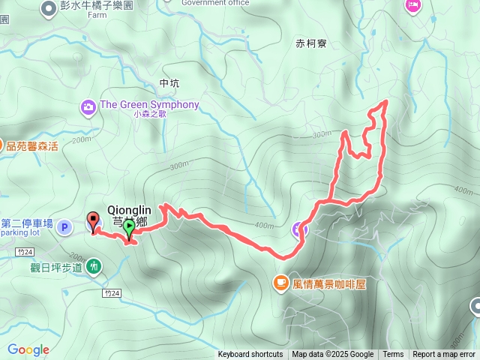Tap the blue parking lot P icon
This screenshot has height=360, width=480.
click(x=64, y=226)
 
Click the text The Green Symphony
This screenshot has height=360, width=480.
click(x=149, y=105)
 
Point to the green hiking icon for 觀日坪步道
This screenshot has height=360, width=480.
click(x=94, y=265)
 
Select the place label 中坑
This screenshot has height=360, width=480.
click(x=169, y=83)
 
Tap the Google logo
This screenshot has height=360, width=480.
click(x=28, y=349)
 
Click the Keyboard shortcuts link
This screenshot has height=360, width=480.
click(x=250, y=355)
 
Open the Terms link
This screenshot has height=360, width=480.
click(x=393, y=355)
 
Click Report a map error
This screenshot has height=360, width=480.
click(x=445, y=355)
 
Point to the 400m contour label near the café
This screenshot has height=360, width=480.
click(x=263, y=225)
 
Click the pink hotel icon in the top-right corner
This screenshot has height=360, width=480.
click(x=412, y=5)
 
